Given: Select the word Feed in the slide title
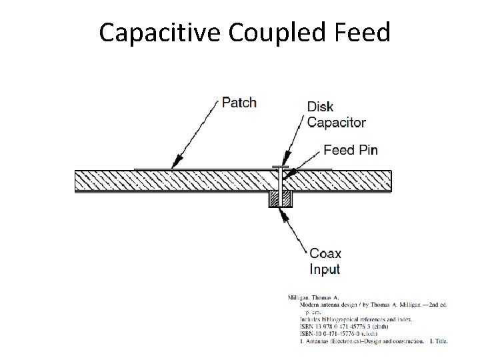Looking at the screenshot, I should coord(362,31).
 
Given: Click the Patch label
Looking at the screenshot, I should coord(239,103).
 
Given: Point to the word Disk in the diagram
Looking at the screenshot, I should coord(320,107).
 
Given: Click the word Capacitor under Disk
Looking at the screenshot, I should coord(336,123).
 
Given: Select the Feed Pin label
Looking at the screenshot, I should coord(351,149).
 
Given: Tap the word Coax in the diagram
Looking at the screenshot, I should coord(325,253).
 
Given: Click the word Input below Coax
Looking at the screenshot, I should coord(325,269).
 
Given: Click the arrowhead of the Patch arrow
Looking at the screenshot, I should coord(175,165).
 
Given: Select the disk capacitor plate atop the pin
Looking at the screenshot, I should coord(280,167).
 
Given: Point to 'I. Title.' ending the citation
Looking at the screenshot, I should coord(438,341).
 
